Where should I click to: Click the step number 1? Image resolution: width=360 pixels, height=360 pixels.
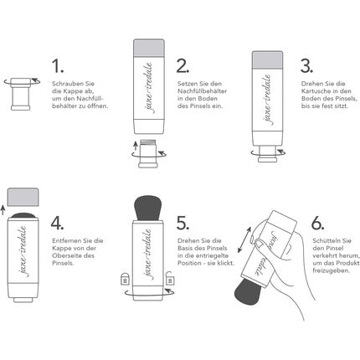(x=57, y=66)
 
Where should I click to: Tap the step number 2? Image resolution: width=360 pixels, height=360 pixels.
(x=183, y=66)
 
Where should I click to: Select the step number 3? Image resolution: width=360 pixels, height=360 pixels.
(x=306, y=66)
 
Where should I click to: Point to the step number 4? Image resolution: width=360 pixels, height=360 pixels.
(x=57, y=223)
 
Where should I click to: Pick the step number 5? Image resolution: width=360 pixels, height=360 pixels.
(x=183, y=223)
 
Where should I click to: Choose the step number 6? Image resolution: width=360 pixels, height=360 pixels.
(x=317, y=223)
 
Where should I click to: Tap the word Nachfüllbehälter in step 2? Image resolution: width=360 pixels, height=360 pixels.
(x=202, y=91)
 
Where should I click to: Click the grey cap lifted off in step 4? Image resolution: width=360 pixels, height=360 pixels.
(x=23, y=197)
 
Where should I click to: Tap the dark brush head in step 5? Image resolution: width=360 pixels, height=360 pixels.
(x=148, y=208)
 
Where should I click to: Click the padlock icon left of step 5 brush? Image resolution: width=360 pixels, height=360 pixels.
(x=125, y=278)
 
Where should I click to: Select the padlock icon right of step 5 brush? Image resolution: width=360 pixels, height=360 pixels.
(x=170, y=278)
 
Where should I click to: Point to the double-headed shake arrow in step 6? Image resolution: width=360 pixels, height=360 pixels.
(x=244, y=239)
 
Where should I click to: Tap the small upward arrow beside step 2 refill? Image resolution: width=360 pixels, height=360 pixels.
(x=136, y=146)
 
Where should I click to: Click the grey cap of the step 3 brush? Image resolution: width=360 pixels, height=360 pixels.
(x=267, y=60)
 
